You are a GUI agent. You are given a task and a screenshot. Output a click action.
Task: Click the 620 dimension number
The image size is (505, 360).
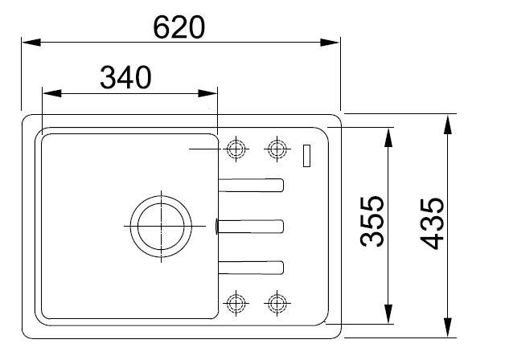(179, 27)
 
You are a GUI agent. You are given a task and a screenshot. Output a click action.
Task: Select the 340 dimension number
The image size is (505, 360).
(125, 77)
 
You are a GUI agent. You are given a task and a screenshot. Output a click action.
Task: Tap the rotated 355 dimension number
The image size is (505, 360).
(372, 221)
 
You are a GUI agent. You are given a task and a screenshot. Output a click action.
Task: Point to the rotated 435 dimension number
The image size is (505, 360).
(432, 223)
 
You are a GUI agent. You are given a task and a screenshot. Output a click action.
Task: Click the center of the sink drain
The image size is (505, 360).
(161, 226)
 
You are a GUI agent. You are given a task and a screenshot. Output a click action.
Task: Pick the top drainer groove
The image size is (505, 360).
(251, 185)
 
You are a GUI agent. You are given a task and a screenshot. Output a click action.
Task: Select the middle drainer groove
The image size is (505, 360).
(251, 226)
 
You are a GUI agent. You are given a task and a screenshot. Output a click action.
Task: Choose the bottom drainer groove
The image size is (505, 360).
(251, 268)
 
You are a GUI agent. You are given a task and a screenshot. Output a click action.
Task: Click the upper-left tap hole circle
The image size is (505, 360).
(236, 149)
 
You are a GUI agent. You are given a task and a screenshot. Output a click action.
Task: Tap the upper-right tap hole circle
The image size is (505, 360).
(277, 149)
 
